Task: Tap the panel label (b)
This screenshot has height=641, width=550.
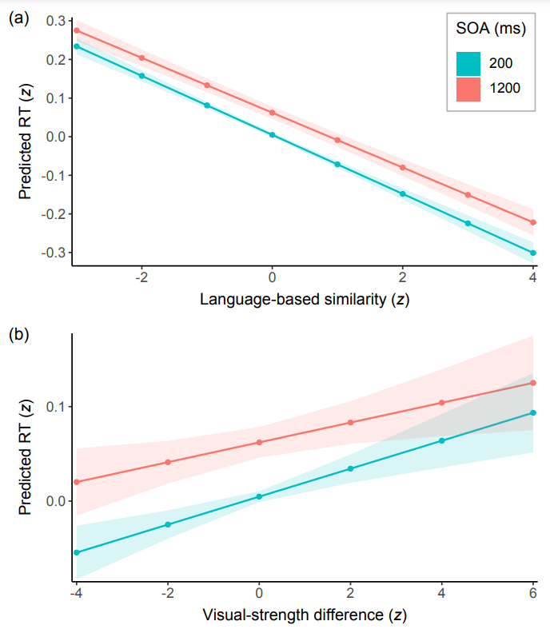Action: coord(18,334)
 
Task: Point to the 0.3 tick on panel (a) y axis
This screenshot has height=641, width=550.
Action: coord(56,20)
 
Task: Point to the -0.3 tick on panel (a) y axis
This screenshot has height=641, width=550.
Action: coord(54,253)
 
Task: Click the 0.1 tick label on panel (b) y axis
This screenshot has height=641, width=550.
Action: coord(57,407)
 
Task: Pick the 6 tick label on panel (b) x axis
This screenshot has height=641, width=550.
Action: coord(532,595)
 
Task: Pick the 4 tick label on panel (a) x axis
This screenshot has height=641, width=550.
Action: coord(532,277)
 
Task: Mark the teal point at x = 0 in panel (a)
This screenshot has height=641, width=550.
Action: coord(272,135)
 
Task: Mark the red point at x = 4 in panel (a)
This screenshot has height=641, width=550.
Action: coord(533,222)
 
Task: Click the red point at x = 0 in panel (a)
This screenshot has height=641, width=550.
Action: coord(272,113)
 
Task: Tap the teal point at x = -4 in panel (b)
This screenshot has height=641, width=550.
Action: coord(77,552)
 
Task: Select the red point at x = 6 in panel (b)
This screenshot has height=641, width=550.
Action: coord(533,383)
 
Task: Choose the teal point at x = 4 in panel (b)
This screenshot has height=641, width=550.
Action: coord(442,440)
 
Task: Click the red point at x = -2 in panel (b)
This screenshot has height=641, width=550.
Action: coord(168,462)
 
